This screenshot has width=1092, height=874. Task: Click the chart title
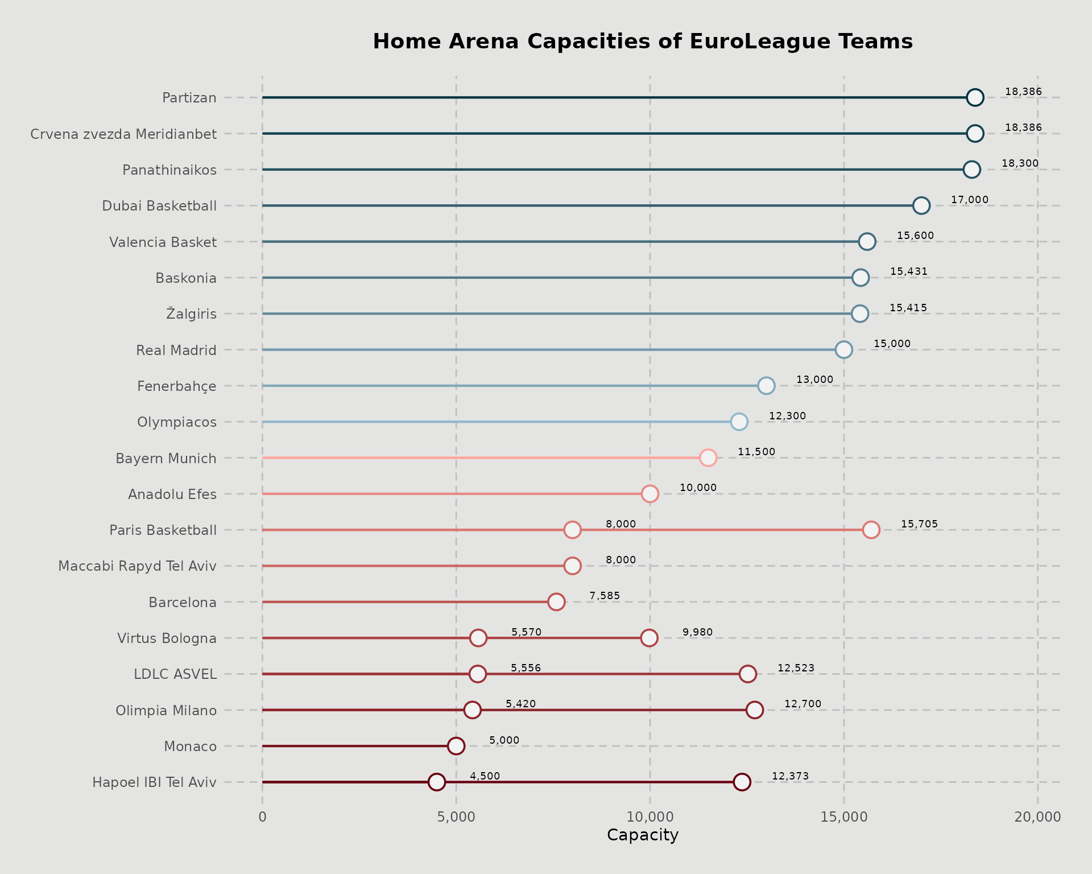click(643, 42)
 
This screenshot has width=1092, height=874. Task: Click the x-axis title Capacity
click(643, 835)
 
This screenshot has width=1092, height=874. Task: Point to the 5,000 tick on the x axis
click(456, 817)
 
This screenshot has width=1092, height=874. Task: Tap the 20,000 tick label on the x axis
click(1037, 817)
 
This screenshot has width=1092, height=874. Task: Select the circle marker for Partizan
click(975, 97)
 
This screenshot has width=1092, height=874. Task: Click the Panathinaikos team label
click(169, 170)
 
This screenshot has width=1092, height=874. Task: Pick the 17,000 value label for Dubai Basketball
click(970, 200)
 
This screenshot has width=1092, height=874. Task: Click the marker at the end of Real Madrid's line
click(843, 349)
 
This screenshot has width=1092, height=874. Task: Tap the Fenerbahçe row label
click(177, 386)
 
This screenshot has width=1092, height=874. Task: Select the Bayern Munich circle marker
click(708, 457)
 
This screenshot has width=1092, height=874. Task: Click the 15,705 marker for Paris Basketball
click(871, 530)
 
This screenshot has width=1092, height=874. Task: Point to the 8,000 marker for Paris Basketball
click(572, 530)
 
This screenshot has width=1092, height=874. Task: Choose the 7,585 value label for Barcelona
click(605, 596)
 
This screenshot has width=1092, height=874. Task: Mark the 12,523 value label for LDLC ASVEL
click(796, 668)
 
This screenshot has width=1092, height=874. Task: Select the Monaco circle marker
click(456, 746)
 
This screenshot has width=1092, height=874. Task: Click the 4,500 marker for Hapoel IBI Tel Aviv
click(436, 782)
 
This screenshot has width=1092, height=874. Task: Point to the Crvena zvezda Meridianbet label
click(123, 134)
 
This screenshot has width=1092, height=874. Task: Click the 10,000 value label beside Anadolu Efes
click(698, 488)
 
